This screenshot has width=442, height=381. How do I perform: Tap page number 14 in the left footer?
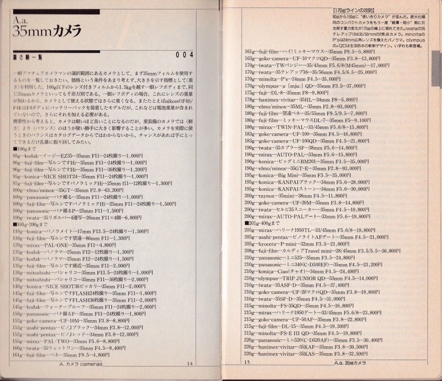(189, 363)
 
